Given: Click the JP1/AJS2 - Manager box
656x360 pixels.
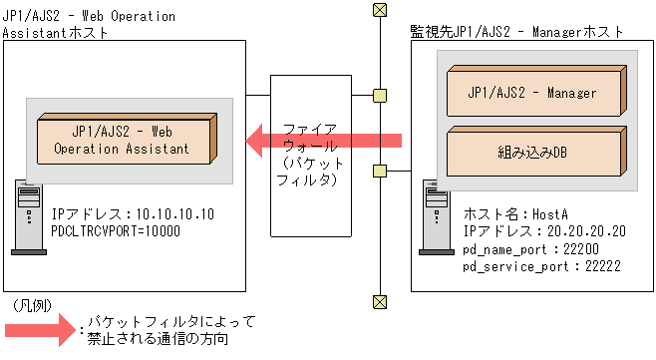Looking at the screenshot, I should (x=532, y=92).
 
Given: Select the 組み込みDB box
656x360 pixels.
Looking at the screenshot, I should (x=532, y=154).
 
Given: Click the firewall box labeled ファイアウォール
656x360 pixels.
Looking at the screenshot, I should (x=310, y=155).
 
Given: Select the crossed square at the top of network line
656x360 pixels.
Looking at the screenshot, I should (x=379, y=10).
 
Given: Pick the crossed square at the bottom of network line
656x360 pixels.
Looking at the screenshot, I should (x=379, y=301).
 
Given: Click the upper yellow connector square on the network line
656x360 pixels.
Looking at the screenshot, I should (x=379, y=97).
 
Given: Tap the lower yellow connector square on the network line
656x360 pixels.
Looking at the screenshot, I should (x=379, y=170).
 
